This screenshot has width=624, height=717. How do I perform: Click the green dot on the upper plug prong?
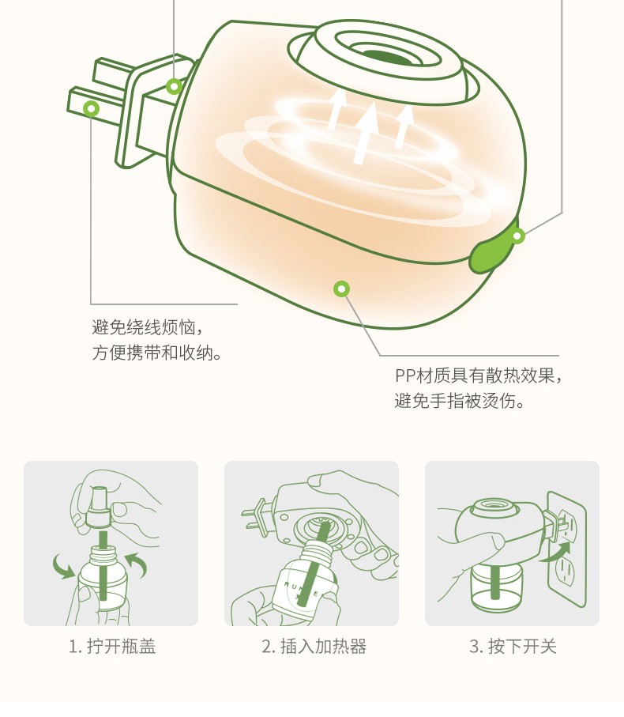[x=174, y=86]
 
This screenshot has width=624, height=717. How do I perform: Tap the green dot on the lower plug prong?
[x=92, y=109]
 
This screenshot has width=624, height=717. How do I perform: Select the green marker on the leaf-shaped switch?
[x=517, y=236]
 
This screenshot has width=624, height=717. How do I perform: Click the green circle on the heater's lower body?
[x=342, y=289]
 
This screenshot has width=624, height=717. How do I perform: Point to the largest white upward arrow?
[x=366, y=133]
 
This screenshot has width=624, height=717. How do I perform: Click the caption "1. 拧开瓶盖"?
[x=112, y=647]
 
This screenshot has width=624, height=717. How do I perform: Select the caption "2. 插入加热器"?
[x=314, y=647]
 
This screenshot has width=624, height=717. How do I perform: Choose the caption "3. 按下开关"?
[x=513, y=647]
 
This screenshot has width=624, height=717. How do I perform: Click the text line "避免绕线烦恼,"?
[x=147, y=327]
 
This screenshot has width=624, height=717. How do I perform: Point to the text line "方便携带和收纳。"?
[x=157, y=353]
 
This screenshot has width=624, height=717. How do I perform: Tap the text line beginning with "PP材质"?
[x=479, y=375]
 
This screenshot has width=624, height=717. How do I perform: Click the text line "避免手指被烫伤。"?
[x=460, y=401]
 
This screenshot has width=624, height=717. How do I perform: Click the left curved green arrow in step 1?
[x=63, y=566]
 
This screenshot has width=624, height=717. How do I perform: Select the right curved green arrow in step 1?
[x=138, y=564]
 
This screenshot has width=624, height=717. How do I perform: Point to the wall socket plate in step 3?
[x=566, y=549]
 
